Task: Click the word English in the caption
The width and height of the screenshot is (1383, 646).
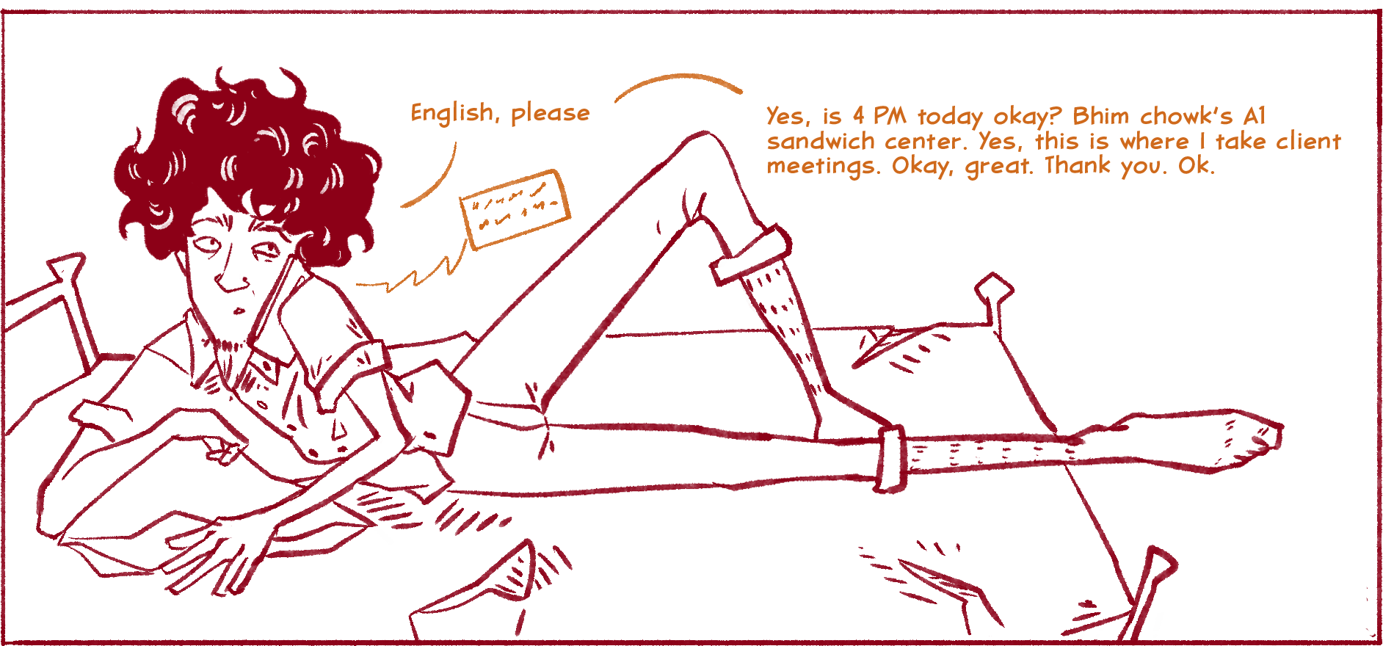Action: coord(451,114)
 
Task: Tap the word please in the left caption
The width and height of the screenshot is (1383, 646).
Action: coord(550,114)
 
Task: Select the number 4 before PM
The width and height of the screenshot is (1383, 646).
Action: coord(858,116)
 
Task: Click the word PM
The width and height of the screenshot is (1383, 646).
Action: coord(890,116)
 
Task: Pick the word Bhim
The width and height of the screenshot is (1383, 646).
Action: coord(1100,116)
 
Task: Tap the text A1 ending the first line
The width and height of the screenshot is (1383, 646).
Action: coord(1255,116)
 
